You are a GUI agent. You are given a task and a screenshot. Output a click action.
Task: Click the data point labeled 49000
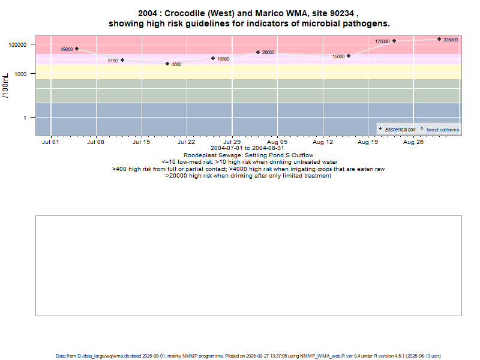(x=77, y=49)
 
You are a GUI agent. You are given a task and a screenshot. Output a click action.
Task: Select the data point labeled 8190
(x=122, y=60)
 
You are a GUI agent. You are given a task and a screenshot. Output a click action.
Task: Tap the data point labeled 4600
(x=167, y=64)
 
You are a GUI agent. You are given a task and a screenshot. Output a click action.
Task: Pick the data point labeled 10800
(x=213, y=58)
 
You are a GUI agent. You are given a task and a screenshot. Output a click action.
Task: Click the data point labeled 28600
(x=258, y=52)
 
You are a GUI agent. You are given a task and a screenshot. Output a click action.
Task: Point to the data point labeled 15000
(x=349, y=56)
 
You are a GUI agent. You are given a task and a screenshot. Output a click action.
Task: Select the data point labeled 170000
(x=394, y=41)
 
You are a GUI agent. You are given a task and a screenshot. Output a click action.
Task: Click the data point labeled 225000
(x=439, y=39)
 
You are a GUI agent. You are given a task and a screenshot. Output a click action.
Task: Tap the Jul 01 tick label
(x=50, y=143)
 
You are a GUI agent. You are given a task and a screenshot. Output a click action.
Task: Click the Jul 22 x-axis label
(x=187, y=143)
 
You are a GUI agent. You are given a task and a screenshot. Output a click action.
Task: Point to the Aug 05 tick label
(x=277, y=143)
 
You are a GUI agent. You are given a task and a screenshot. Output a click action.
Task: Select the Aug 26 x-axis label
(x=413, y=143)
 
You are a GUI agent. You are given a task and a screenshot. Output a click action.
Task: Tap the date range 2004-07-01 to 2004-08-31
(x=248, y=148)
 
